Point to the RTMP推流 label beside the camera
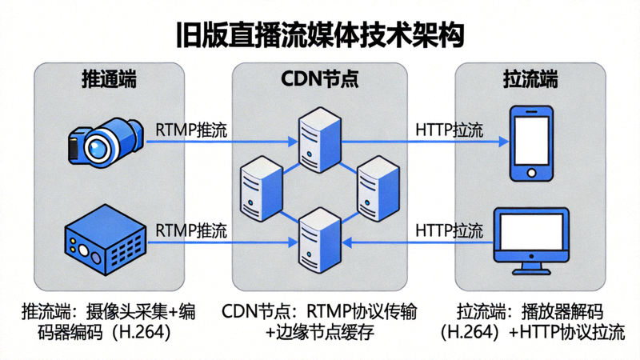(x=190, y=129)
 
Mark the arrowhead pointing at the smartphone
(x=502, y=143)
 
